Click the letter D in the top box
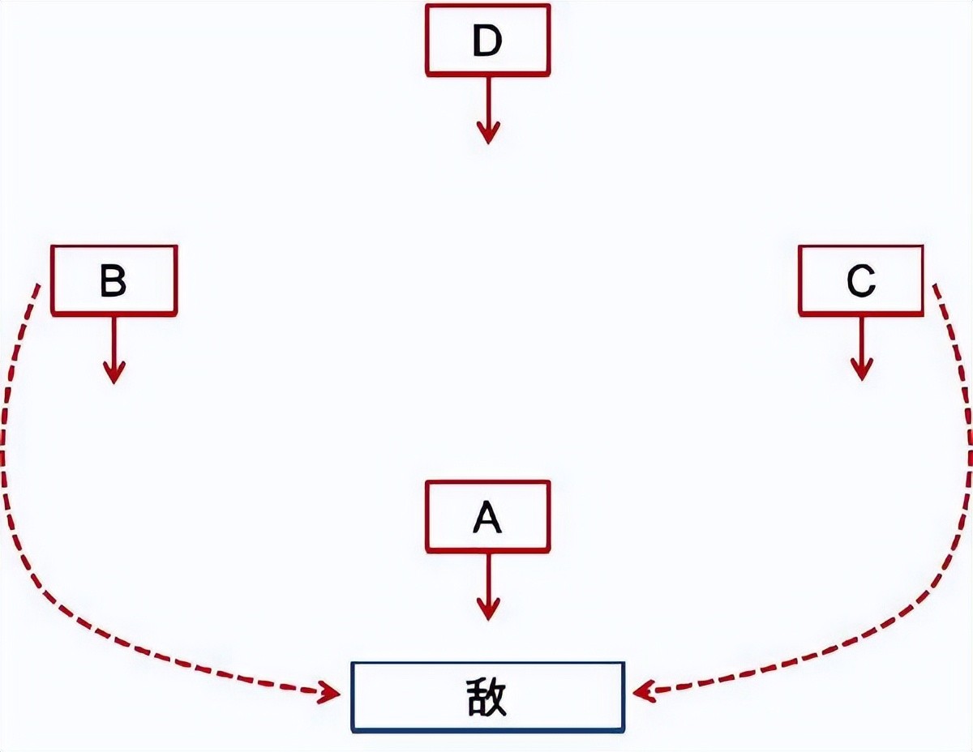click(x=486, y=41)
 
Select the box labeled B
click(x=114, y=280)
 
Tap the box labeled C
click(x=860, y=280)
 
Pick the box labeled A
click(x=487, y=516)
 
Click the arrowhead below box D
click(x=487, y=133)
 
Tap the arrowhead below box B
click(x=114, y=372)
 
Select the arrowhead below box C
click(x=861, y=370)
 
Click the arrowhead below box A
click(x=487, y=609)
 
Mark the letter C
click(x=860, y=281)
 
